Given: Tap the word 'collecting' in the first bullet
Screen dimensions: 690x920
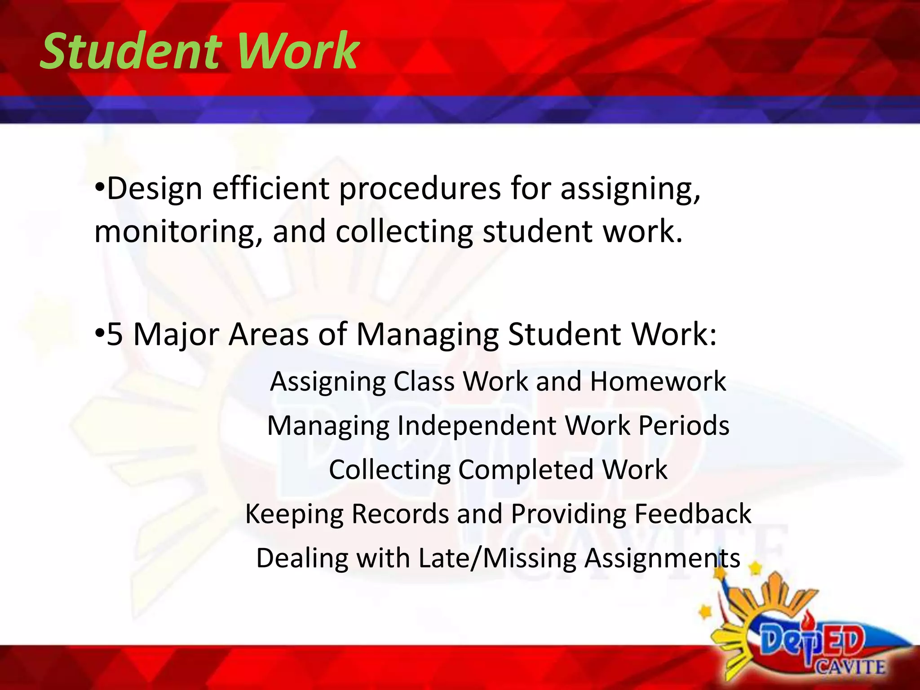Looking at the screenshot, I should [404, 233].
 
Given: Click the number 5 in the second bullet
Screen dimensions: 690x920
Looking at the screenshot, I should [115, 334].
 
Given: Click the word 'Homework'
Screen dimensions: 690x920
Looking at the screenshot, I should [658, 381].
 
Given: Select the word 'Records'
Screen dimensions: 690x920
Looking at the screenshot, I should [400, 514].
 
